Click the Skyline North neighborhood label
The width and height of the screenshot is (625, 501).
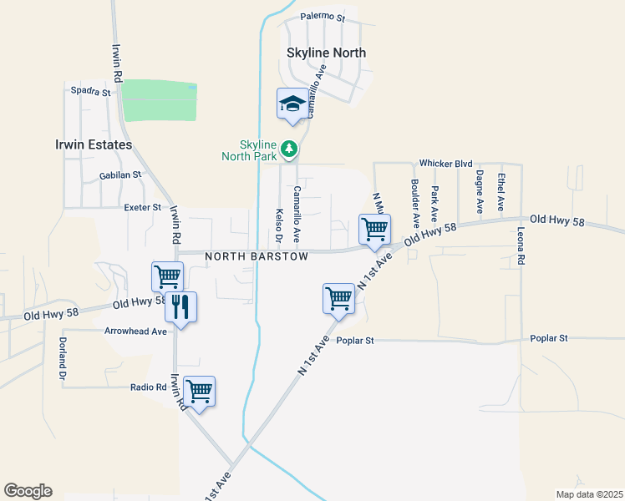(x=326, y=53)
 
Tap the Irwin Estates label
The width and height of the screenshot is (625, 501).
(x=95, y=144)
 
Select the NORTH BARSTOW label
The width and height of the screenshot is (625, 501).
(x=257, y=256)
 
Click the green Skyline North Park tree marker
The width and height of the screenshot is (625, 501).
(x=289, y=149)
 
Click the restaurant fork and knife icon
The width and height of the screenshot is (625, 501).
(x=180, y=306)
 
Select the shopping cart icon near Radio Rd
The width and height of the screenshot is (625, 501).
(x=200, y=390)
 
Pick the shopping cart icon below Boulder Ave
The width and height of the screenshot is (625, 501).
(x=374, y=229)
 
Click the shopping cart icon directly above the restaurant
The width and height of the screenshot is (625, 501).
(x=167, y=276)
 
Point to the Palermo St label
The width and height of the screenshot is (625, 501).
(x=322, y=17)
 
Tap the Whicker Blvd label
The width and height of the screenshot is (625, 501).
(x=446, y=164)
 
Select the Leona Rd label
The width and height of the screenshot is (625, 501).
(x=521, y=247)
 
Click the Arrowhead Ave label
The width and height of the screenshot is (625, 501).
(x=135, y=331)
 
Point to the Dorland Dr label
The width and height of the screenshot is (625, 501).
(x=62, y=356)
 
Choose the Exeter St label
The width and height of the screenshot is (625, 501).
(x=141, y=207)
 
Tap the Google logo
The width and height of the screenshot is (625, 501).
(x=28, y=491)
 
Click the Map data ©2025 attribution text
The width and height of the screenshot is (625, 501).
(x=588, y=494)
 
